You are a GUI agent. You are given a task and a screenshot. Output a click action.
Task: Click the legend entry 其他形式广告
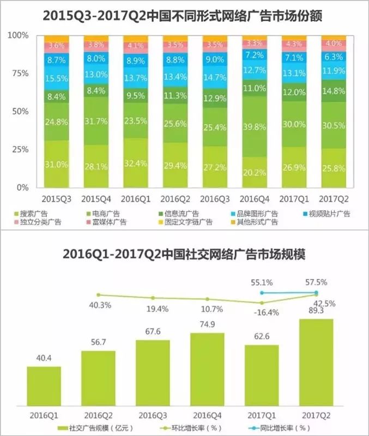pos(256,222)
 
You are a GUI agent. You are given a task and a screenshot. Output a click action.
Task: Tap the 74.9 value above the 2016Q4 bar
pos(207,324)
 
